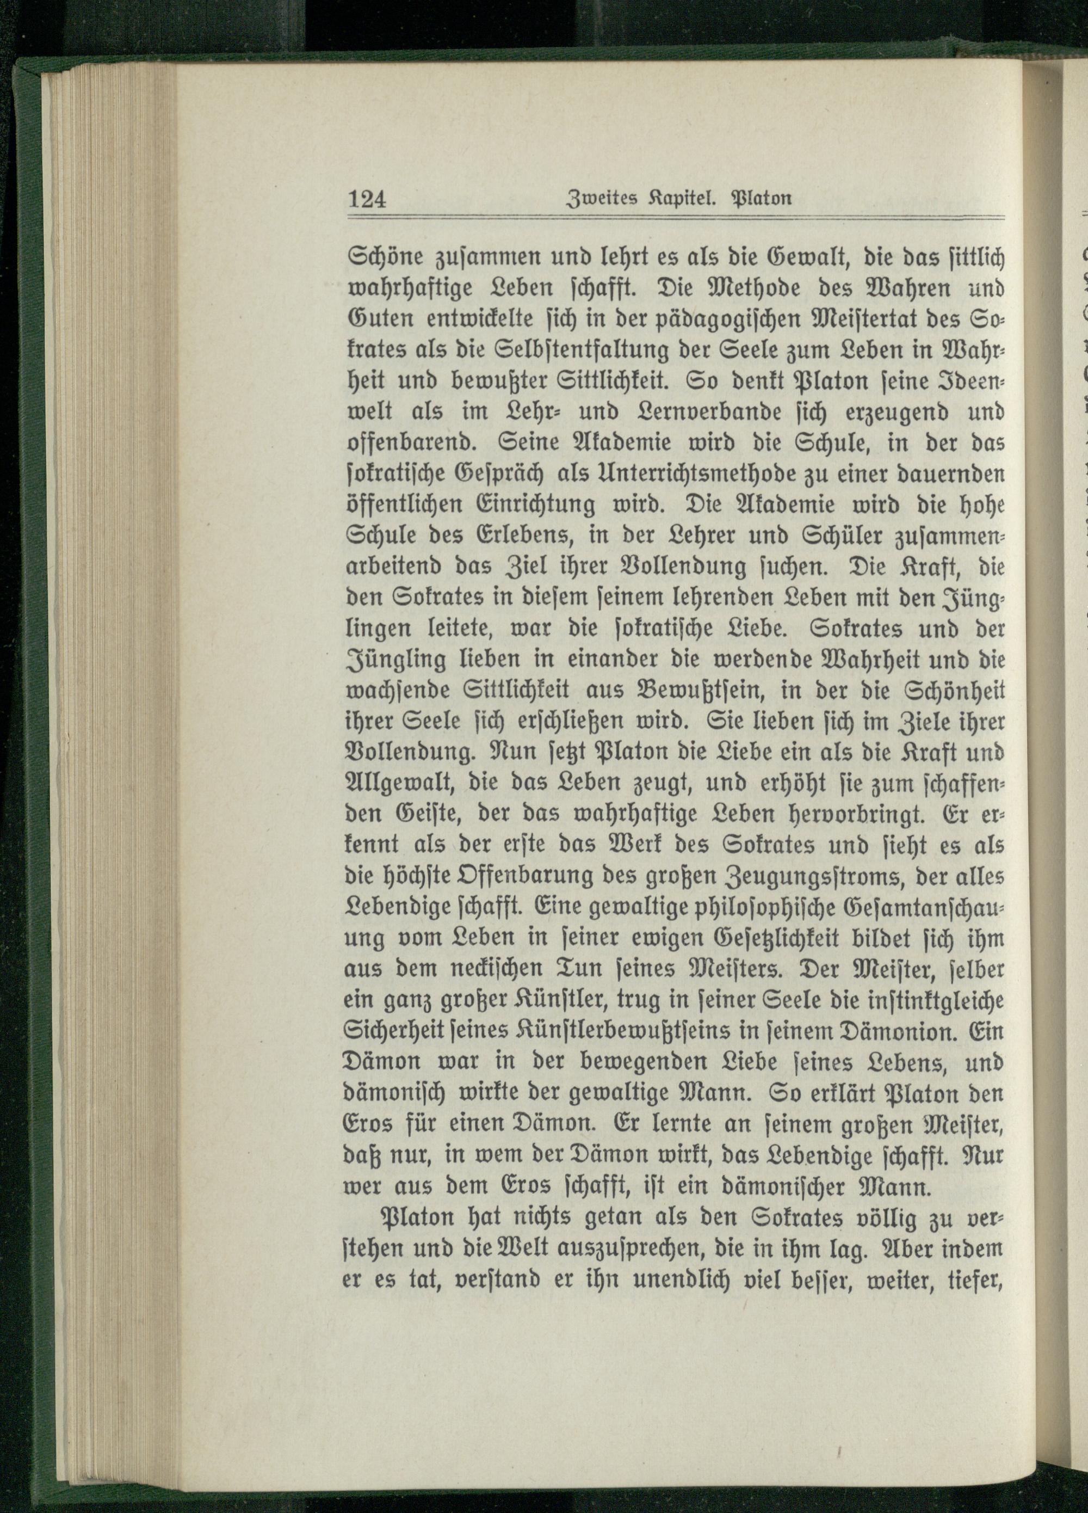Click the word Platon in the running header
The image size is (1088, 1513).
pyautogui.click(x=763, y=199)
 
